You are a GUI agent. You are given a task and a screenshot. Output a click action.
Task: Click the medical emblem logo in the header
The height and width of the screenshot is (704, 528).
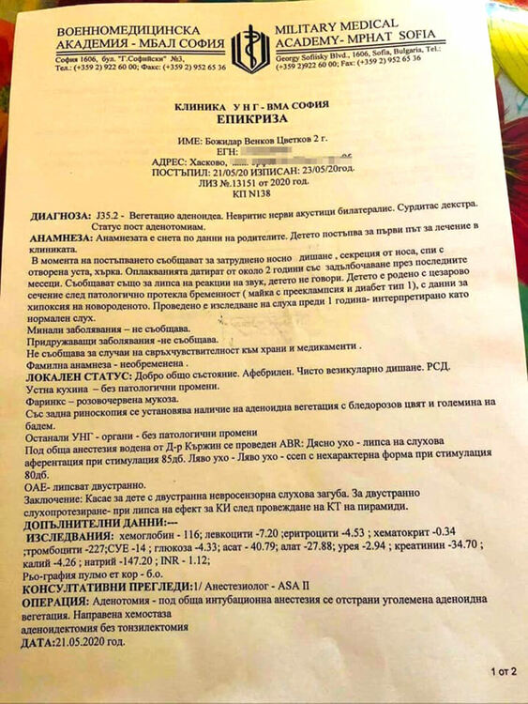(249, 48)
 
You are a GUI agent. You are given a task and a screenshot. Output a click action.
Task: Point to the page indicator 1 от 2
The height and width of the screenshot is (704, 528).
(503, 672)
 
